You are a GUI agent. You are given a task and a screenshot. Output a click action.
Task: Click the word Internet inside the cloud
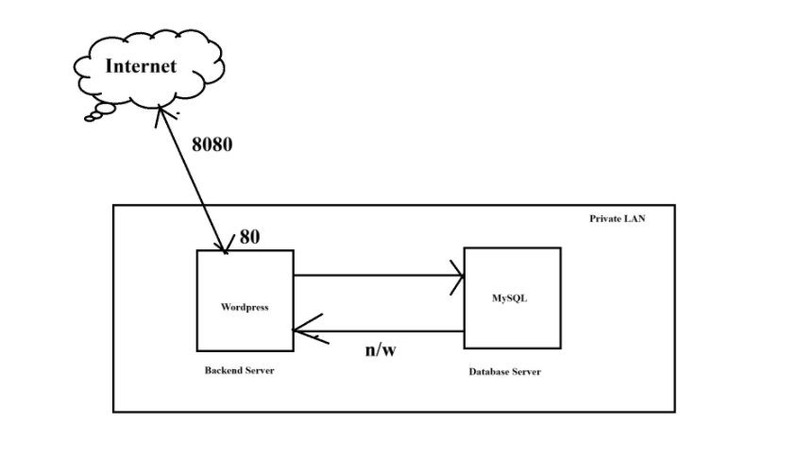point(140,66)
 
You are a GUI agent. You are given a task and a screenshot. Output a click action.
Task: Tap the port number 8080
point(212,144)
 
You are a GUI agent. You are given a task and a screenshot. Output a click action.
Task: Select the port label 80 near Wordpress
point(249,236)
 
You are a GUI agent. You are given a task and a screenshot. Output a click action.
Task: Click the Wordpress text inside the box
point(244,307)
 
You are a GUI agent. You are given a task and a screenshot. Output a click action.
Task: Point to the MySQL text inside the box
point(510,298)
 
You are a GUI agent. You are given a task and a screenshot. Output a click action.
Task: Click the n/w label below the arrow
point(380,350)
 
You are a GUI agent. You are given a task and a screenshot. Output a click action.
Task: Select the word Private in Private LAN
point(603,218)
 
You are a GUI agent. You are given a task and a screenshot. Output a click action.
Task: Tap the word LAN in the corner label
point(635,218)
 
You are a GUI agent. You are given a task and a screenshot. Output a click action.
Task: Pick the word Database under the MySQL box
point(489,372)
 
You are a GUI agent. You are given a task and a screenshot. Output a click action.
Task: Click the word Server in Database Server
point(527,372)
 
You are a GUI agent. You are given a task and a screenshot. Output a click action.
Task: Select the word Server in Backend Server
point(260,370)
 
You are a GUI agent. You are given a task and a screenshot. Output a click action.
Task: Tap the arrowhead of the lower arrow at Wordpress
point(299,330)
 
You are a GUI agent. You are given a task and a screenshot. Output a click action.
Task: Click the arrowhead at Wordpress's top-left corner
point(225,247)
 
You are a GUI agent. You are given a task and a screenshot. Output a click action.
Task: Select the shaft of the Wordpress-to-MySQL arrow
point(378,277)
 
